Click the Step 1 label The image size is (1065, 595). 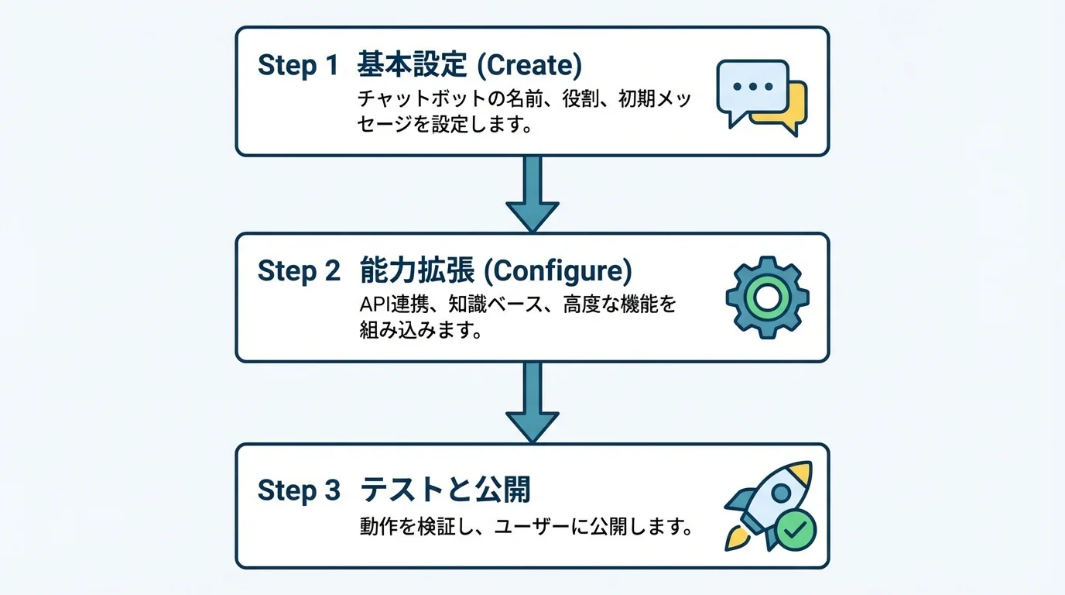click(298, 66)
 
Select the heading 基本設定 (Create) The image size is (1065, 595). click(468, 66)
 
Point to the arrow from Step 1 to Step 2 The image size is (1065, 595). click(532, 194)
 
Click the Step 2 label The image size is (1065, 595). click(298, 271)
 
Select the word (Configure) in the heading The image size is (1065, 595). click(561, 271)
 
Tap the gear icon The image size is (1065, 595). click(767, 297)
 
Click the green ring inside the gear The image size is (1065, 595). click(767, 297)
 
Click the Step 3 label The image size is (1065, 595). click(298, 490)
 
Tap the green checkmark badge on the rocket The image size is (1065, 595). click(795, 531)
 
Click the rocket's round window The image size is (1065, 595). click(781, 493)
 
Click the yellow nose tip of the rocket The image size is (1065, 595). click(805, 470)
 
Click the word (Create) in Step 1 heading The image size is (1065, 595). click(529, 66)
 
